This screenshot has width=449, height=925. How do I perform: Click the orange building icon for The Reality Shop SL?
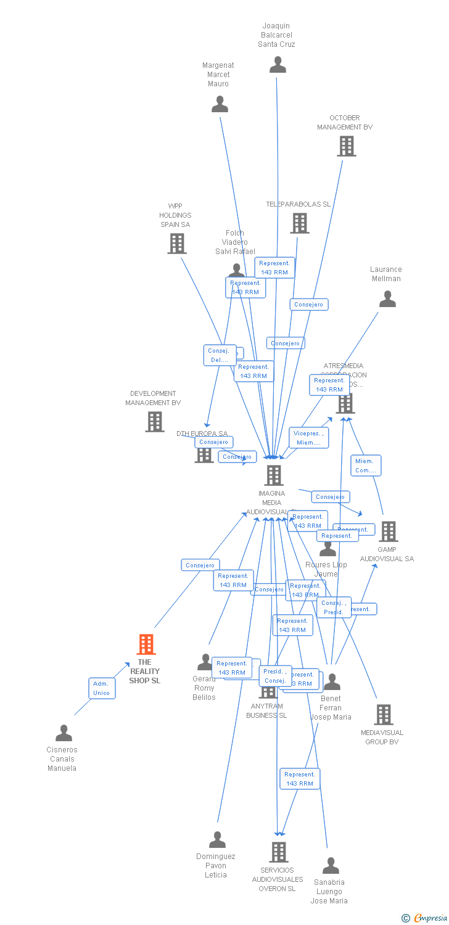146,644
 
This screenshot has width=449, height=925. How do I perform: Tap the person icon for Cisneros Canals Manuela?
64,733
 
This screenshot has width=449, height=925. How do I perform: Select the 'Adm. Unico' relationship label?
101,688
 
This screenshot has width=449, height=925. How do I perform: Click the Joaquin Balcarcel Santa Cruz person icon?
278,65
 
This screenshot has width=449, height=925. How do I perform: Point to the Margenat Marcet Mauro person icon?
220,104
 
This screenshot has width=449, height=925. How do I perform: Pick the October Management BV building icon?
347,146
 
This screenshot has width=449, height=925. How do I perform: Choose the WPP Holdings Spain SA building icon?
177,244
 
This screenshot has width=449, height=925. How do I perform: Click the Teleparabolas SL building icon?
300,223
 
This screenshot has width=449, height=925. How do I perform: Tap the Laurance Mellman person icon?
387,299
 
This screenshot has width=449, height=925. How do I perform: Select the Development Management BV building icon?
155,422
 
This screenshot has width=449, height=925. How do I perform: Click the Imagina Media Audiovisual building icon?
274,475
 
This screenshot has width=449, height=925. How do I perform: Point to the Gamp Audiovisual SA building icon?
388,531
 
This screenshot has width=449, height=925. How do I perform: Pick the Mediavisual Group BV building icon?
384,715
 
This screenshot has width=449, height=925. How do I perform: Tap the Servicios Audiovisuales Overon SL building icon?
279,852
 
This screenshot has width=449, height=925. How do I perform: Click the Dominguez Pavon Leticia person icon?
217,840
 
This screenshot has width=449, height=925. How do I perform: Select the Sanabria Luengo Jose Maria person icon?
331,865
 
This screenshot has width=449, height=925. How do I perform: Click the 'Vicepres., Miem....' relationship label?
309,438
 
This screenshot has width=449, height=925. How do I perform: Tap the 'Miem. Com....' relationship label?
366,466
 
